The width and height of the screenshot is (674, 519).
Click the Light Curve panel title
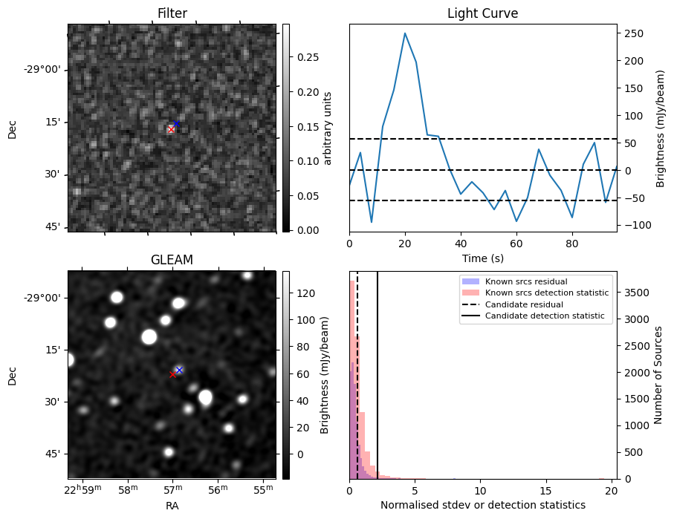pyautogui.click(x=482, y=13)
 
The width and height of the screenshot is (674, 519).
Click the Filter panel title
pyautogui.click(x=172, y=13)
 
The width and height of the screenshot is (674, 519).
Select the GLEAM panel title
pyautogui.click(x=172, y=260)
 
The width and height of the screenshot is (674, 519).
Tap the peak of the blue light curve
pyautogui.click(x=404, y=33)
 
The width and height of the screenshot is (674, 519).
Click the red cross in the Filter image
pyautogui.click(x=171, y=129)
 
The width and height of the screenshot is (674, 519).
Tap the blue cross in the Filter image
pyautogui.click(x=176, y=123)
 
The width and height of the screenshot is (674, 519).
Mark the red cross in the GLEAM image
pyautogui.click(x=172, y=375)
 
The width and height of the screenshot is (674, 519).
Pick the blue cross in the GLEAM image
pyautogui.click(x=179, y=370)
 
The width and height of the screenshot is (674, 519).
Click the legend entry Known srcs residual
pyautogui.click(x=525, y=282)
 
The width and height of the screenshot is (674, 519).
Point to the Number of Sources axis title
pyautogui.click(x=659, y=375)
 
